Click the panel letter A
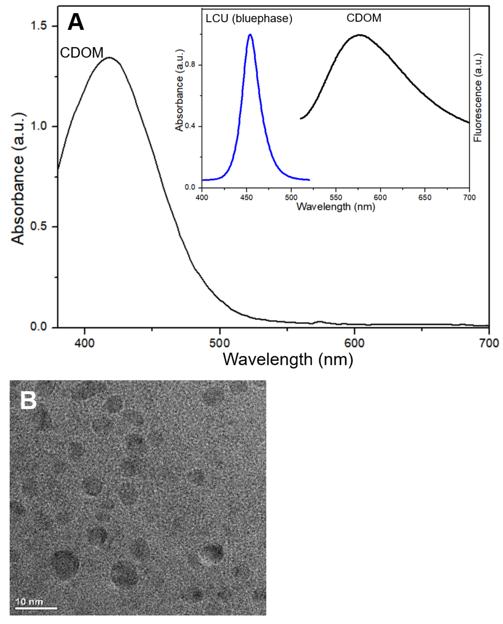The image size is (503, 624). [x=76, y=22]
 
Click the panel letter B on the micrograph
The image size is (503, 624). [x=28, y=401]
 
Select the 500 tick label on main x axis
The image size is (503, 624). [x=219, y=343]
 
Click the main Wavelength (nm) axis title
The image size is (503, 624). [x=288, y=359]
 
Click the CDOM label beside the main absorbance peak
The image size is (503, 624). [x=82, y=53]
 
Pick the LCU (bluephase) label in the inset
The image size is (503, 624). [x=249, y=18]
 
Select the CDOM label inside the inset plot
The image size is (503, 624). [x=364, y=18]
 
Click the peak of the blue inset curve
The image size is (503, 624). [x=250, y=34]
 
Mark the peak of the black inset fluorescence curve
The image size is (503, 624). [x=359, y=35]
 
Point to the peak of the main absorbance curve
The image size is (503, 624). [x=109, y=57]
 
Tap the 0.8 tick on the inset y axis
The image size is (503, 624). [x=190, y=64]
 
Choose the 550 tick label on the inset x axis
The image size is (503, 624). [x=336, y=197]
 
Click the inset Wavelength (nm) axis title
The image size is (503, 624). [x=336, y=207]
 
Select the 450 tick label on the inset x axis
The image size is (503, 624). [x=246, y=197]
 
